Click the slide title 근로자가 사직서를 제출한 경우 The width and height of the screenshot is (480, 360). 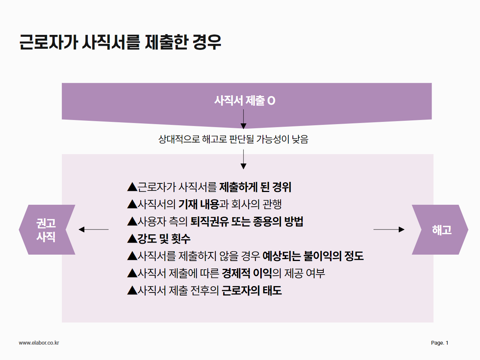pyautogui.click(x=120, y=42)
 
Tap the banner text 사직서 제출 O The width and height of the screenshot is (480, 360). pyautogui.click(x=245, y=101)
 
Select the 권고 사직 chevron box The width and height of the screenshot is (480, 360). pyautogui.click(x=47, y=229)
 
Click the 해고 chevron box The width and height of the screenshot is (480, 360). pyautogui.click(x=440, y=229)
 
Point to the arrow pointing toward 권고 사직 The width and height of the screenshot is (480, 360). pyautogui.click(x=94, y=229)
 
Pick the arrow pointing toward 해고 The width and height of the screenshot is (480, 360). pyautogui.click(x=389, y=229)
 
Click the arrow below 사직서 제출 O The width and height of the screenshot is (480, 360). pyautogui.click(x=243, y=119)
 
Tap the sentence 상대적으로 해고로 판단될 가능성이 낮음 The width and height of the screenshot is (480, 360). pyautogui.click(x=233, y=139)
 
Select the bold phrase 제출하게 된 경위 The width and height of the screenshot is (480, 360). pyautogui.click(x=255, y=187)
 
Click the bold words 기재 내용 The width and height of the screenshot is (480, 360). pyautogui.click(x=199, y=204)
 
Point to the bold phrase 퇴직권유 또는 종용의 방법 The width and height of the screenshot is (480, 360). pyautogui.click(x=247, y=221)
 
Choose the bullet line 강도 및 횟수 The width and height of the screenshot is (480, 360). pyautogui.click(x=159, y=239)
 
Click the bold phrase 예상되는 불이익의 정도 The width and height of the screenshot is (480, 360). pyautogui.click(x=313, y=256)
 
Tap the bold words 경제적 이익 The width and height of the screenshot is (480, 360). pyautogui.click(x=247, y=273)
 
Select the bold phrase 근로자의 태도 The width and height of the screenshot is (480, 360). pyautogui.click(x=252, y=291)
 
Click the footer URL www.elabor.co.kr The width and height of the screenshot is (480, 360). pyautogui.click(x=39, y=343)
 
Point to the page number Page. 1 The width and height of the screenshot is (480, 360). pyautogui.click(x=439, y=343)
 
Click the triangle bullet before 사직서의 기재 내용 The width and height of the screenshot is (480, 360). pyautogui.click(x=132, y=205)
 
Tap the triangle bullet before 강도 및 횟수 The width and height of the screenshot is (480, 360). pyautogui.click(x=132, y=239)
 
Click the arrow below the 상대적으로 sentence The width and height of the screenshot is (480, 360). pyautogui.click(x=243, y=159)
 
